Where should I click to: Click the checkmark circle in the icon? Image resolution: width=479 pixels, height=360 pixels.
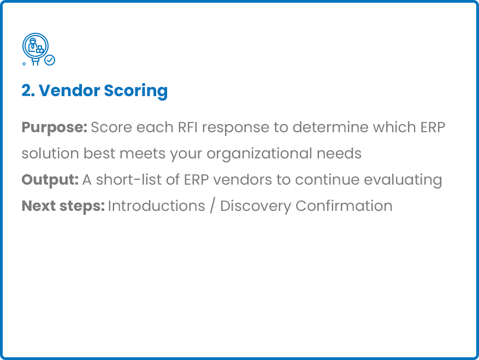(x=50, y=60)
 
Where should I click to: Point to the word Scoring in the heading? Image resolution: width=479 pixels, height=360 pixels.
(x=136, y=91)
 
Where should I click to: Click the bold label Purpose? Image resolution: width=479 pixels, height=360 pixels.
(x=55, y=128)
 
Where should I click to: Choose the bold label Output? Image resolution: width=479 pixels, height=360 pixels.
(x=50, y=180)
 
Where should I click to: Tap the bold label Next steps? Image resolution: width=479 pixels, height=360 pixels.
(x=63, y=206)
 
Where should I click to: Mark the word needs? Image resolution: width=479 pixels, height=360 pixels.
(x=339, y=154)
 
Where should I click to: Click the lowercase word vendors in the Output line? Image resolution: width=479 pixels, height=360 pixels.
(x=243, y=180)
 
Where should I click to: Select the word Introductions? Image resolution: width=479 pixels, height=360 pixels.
(x=156, y=206)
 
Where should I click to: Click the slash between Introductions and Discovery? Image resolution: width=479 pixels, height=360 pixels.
(x=212, y=206)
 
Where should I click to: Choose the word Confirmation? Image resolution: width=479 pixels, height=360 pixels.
(x=344, y=206)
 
